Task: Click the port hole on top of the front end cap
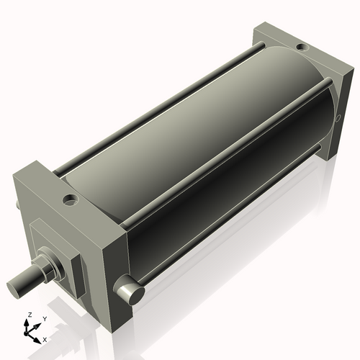tap(69, 198)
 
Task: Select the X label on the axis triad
tap(45, 338)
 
